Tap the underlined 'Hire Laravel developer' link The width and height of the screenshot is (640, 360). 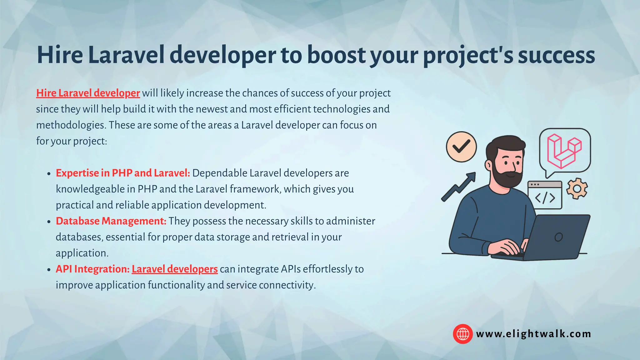pos(88,93)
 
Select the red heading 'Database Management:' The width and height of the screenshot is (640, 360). pos(111,221)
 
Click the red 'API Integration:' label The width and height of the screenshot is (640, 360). pos(92,269)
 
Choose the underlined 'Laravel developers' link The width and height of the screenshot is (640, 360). pos(175,269)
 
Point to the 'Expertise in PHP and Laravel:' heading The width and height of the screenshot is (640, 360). pos(123,173)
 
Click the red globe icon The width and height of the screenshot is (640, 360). pos(462,334)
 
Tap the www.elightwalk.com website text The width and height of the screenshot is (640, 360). pos(533,334)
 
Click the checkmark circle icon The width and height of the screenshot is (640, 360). pos(461,147)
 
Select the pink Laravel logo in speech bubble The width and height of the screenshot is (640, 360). pos(564,151)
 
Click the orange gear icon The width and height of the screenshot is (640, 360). pos(577,188)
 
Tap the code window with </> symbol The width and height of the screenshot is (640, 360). pos(545,196)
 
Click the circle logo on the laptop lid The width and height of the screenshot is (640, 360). pos(558,237)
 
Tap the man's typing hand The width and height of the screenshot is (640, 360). pos(506,247)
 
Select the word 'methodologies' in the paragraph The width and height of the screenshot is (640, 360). pos(71,125)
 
